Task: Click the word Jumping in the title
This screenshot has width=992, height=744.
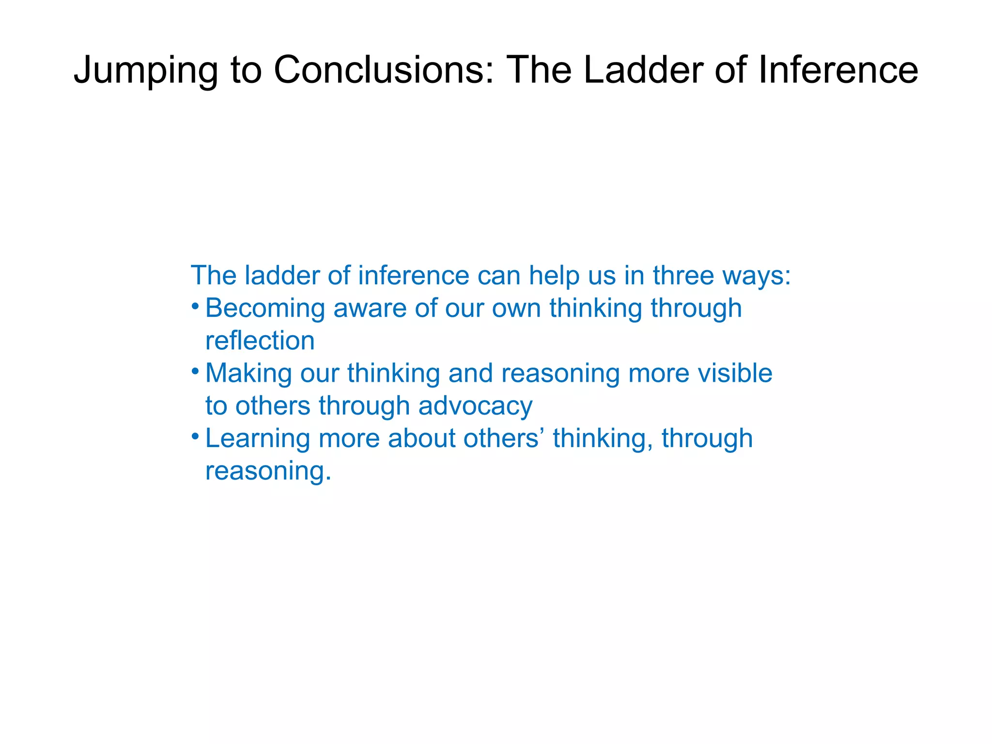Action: [146, 71]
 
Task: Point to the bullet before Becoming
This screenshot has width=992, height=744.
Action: [195, 307]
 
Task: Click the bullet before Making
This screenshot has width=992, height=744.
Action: [195, 372]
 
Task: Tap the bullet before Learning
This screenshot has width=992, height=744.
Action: [195, 437]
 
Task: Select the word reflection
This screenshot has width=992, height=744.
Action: [260, 341]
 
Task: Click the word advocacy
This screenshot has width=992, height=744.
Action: [475, 405]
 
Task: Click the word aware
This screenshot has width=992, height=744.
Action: [370, 308]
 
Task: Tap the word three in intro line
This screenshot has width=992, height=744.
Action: [683, 275]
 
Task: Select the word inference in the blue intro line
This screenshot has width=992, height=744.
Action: [414, 275]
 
